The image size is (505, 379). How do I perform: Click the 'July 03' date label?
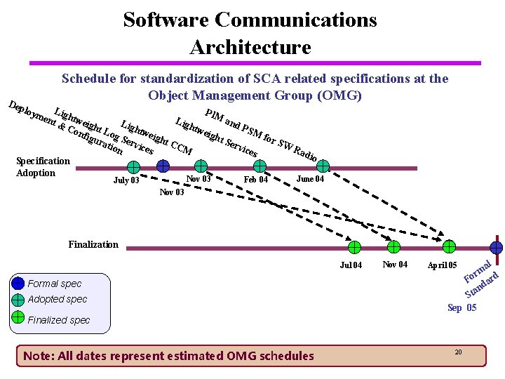click(x=126, y=181)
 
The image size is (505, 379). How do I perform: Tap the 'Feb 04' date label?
click(x=255, y=180)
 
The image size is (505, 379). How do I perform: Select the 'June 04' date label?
click(x=310, y=178)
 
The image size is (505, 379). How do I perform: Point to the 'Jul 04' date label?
click(x=351, y=265)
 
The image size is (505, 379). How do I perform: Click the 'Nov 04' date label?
click(x=395, y=264)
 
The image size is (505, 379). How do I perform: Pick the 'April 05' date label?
click(x=443, y=265)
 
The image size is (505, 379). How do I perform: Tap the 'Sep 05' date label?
click(x=462, y=307)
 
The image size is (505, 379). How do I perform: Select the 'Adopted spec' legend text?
click(x=58, y=299)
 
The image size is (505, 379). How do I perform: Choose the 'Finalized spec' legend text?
click(x=59, y=320)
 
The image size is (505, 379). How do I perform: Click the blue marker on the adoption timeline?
click(x=163, y=166)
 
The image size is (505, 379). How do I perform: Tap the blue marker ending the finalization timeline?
click(x=497, y=247)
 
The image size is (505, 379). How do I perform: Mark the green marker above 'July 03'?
click(x=133, y=167)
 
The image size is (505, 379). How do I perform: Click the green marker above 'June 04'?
click(x=323, y=166)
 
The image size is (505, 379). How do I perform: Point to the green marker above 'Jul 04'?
click(x=355, y=247)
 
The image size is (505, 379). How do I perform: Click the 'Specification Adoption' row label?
click(x=43, y=167)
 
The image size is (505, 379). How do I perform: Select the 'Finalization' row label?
click(x=93, y=244)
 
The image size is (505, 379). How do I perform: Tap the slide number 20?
click(x=458, y=351)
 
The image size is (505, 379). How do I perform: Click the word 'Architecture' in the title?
click(x=250, y=47)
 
